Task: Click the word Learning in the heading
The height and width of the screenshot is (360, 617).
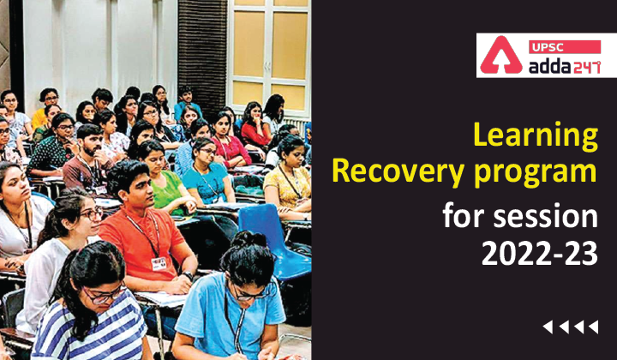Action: pyautogui.click(x=536, y=137)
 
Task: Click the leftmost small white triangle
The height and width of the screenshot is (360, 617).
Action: pyautogui.click(x=547, y=326)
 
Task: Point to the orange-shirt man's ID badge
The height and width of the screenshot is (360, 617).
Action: pyautogui.click(x=158, y=263)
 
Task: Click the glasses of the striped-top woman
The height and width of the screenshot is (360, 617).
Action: pyautogui.click(x=104, y=293)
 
